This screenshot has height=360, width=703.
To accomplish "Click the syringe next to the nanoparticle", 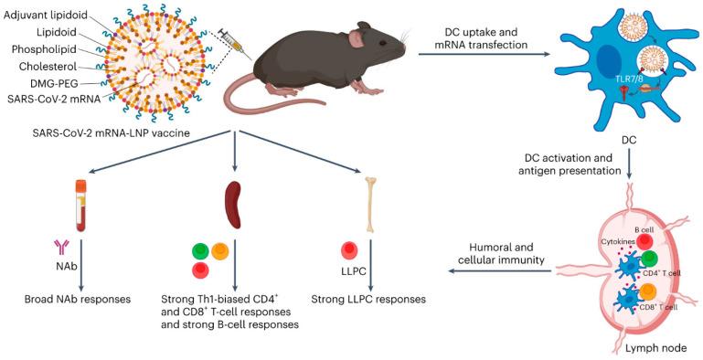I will [x=237, y=38].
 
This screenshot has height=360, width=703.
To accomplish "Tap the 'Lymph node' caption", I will [x=655, y=347].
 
